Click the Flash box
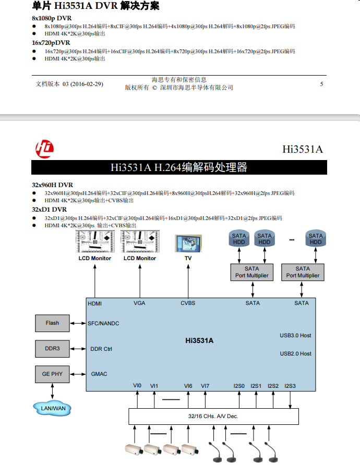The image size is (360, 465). click(52, 323)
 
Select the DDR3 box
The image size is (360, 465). click(52, 349)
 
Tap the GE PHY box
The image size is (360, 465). click(52, 374)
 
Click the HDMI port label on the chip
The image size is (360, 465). click(95, 303)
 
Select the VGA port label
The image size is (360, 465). click(139, 303)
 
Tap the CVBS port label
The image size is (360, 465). click(188, 303)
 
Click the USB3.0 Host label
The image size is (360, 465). click(295, 336)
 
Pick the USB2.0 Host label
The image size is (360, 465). click(295, 353)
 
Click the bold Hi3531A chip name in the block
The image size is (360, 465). click(200, 341)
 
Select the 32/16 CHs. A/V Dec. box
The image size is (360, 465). click(213, 417)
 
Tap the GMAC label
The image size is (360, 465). click(99, 374)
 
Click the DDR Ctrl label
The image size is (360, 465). click(101, 349)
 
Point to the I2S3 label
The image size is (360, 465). click(290, 386)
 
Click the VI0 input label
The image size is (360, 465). click(137, 386)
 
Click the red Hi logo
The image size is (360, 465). click(44, 149)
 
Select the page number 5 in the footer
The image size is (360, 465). click(321, 84)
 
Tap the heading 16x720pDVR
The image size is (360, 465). click(51, 43)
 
